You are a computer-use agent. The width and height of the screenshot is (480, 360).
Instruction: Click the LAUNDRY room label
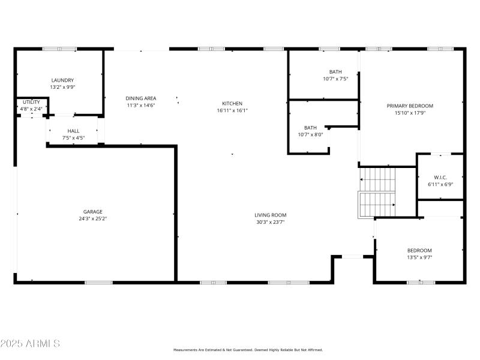click(x=62, y=80)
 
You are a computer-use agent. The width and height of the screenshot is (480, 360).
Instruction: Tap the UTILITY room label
click(x=31, y=103)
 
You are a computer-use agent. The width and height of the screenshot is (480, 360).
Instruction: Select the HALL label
click(x=73, y=131)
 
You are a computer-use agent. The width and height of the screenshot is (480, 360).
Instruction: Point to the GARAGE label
click(x=92, y=211)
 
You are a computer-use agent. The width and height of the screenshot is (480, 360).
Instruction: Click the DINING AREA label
click(x=141, y=98)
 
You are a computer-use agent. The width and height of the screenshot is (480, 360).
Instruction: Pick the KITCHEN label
click(x=232, y=103)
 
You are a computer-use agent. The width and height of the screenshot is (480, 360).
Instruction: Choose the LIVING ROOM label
click(x=270, y=215)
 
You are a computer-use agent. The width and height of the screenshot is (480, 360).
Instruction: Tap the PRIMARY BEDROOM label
click(x=410, y=106)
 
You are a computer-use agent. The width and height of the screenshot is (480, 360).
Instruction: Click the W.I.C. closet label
click(x=440, y=177)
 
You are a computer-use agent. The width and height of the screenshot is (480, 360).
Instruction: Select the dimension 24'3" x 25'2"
click(x=92, y=218)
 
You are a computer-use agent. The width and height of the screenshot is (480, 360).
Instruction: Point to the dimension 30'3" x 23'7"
click(x=270, y=222)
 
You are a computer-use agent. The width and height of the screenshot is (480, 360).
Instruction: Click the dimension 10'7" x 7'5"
click(x=335, y=79)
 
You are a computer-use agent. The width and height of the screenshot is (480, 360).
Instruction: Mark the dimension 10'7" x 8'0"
click(x=310, y=134)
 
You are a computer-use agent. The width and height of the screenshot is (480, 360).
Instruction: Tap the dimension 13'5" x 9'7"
click(x=419, y=257)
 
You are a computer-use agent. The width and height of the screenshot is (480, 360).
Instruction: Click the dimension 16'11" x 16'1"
click(x=232, y=110)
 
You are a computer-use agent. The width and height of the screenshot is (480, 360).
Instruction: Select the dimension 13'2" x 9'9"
click(x=62, y=87)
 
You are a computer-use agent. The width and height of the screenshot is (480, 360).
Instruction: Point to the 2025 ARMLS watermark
click(x=30, y=344)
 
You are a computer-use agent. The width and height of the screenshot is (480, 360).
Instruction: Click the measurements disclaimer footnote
click(x=248, y=350)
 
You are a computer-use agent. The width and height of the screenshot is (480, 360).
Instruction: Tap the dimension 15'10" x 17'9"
click(x=410, y=113)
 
